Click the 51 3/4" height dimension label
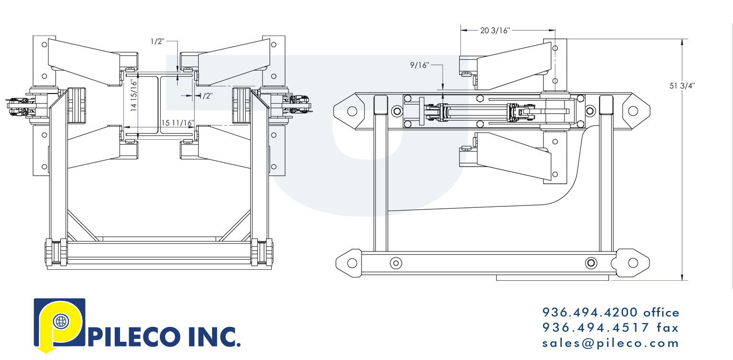coord(682,86)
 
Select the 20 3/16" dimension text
coord(495,31)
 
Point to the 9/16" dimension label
coord(419,65)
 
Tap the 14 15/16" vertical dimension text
coord(134,96)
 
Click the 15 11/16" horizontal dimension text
coord(177,123)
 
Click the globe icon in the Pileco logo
coord(60,322)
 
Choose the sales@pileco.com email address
coord(611,343)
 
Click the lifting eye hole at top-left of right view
coord(352,111)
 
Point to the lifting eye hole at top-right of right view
coord(633,111)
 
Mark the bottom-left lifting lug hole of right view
coord(352,263)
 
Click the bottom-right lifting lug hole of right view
coord(633,263)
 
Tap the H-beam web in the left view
coord(160,106)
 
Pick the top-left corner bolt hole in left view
coord(44,45)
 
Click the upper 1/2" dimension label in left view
coord(157,42)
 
